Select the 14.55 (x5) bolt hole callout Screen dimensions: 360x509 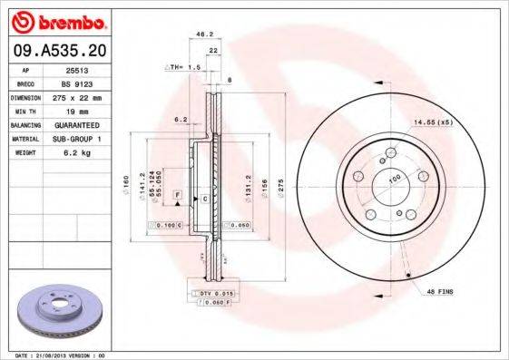[433, 121]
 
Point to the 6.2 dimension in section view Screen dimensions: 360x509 [180, 119]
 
